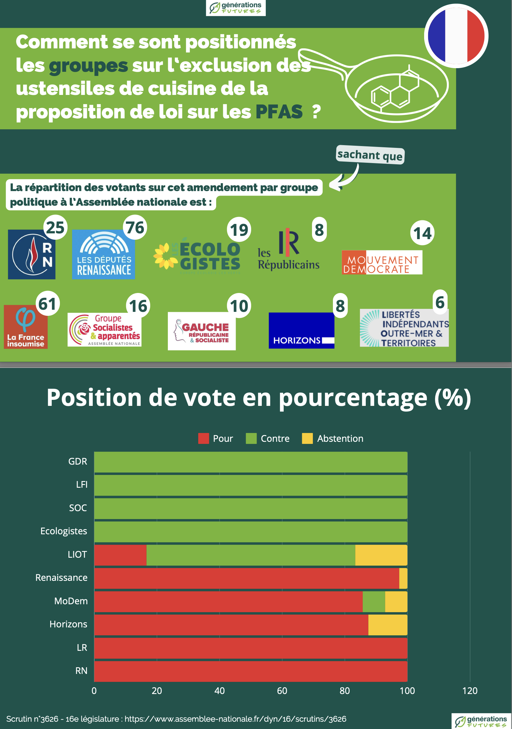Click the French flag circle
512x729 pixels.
[456, 36]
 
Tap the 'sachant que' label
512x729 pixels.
[370, 155]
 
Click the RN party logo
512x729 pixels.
[31, 254]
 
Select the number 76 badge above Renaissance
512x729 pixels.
[135, 227]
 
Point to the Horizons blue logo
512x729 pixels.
[301, 330]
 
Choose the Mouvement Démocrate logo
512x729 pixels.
[382, 262]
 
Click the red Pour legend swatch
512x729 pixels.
[203, 438]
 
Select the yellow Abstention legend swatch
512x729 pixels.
[307, 438]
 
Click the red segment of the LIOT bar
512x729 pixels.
[120, 555]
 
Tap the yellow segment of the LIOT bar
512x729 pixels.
[381, 555]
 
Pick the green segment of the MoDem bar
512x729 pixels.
[374, 601]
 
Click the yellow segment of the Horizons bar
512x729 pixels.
[388, 625]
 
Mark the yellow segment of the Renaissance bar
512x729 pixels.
[403, 578]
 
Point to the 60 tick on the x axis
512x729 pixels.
[282, 691]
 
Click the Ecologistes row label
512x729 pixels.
[64, 531]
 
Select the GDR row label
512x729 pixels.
[78, 461]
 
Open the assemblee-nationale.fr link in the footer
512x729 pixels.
[235, 719]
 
